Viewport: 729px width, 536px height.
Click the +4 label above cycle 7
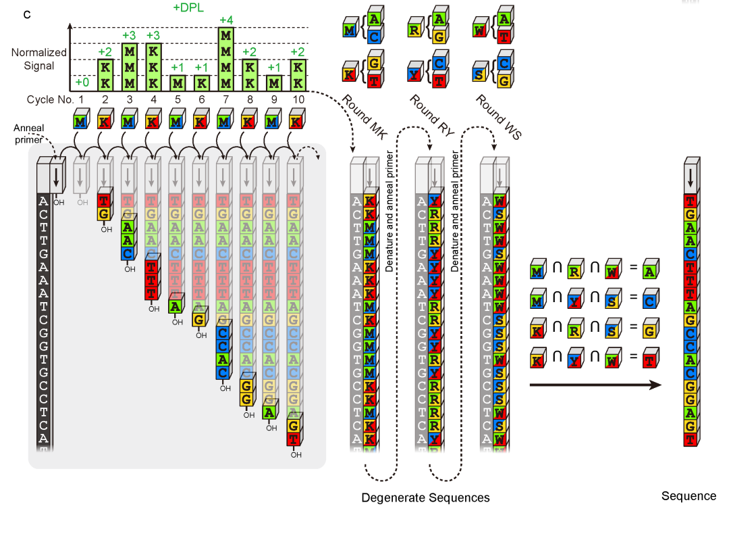click(226, 19)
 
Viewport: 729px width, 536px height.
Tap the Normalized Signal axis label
click(38, 59)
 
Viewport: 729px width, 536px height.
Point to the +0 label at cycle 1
click(82, 82)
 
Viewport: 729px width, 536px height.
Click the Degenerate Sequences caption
click(425, 498)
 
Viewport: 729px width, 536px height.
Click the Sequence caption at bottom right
click(688, 496)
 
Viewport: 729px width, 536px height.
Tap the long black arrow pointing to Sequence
click(595, 385)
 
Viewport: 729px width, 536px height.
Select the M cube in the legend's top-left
click(349, 31)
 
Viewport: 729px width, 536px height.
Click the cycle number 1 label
click(82, 99)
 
